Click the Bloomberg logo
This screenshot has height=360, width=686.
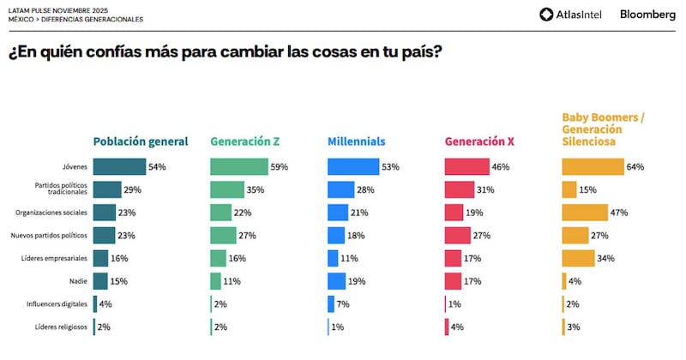[x=647, y=14]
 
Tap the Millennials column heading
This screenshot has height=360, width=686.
[x=357, y=142]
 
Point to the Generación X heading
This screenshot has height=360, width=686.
[x=480, y=142]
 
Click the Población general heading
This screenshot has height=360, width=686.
[x=141, y=142]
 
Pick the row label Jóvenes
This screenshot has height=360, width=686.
[x=74, y=167]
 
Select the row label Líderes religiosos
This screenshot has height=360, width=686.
[x=61, y=327]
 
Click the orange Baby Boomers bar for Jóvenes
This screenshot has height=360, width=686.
[x=593, y=167]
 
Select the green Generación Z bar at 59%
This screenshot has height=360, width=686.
[x=238, y=167]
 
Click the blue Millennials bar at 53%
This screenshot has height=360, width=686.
[x=352, y=167]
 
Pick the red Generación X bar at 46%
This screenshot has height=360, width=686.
[x=466, y=167]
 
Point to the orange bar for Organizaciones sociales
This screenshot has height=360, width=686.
[x=584, y=213]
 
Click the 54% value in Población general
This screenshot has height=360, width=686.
[x=157, y=167]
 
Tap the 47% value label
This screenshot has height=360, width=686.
[x=619, y=213]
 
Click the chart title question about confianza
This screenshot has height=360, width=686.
[x=225, y=51]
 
